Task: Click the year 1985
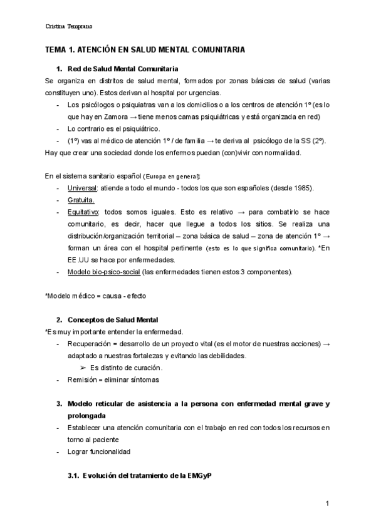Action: (x=301, y=188)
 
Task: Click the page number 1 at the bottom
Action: (x=327, y=503)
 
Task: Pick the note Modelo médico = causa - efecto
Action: (x=95, y=296)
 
